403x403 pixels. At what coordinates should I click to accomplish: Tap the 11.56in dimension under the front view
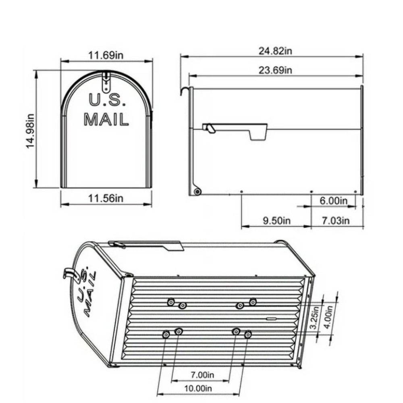coord(106,198)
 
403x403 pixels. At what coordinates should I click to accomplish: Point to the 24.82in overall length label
coord(275,51)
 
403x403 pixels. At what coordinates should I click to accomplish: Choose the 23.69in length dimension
coord(275,70)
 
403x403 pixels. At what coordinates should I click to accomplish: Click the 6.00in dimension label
coord(334,201)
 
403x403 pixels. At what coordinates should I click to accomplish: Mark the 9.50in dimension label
coord(276,220)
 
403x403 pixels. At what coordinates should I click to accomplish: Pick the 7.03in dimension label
coord(336,220)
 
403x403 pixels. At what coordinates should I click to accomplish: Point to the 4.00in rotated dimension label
coord(329,315)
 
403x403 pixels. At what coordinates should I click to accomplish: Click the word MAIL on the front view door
coord(106,119)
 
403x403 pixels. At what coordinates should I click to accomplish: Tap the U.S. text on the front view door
coord(107,100)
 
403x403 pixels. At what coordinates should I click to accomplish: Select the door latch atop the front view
coord(106,82)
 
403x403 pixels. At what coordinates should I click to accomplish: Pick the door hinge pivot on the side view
coord(197,191)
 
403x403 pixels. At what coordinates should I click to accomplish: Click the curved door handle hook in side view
coord(185,90)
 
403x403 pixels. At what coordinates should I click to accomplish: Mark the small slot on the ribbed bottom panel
coord(272,318)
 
